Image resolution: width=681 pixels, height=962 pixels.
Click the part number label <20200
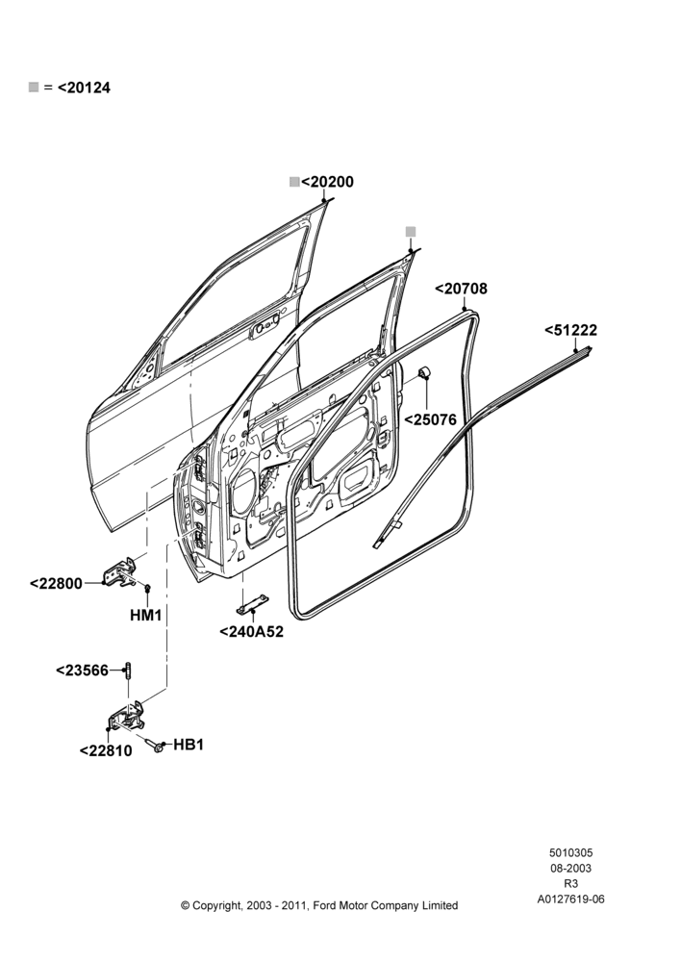(x=327, y=182)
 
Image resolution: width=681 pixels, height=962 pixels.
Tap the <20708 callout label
(x=461, y=289)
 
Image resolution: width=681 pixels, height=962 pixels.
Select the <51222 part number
(x=570, y=330)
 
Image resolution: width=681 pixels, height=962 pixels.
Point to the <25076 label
(x=430, y=419)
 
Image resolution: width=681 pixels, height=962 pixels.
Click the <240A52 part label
(x=252, y=631)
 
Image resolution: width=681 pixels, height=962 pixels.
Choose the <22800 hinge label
(x=56, y=584)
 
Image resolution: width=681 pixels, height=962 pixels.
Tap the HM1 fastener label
(x=146, y=615)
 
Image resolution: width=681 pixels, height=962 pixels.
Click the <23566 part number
(x=82, y=671)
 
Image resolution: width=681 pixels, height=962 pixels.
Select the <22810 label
(x=106, y=751)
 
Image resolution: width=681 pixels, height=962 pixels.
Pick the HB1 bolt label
(x=189, y=745)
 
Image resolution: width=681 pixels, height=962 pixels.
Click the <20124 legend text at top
(x=84, y=88)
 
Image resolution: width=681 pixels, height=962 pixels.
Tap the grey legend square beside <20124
(x=34, y=88)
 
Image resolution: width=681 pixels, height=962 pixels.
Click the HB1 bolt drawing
(x=155, y=745)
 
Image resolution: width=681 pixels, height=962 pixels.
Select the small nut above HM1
(x=147, y=589)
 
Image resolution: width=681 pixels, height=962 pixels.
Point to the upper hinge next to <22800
(x=122, y=572)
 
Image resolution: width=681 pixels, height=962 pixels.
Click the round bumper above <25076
(x=424, y=373)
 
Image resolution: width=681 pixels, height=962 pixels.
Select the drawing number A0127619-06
(x=570, y=899)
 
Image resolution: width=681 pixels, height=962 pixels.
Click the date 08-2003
(x=570, y=868)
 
